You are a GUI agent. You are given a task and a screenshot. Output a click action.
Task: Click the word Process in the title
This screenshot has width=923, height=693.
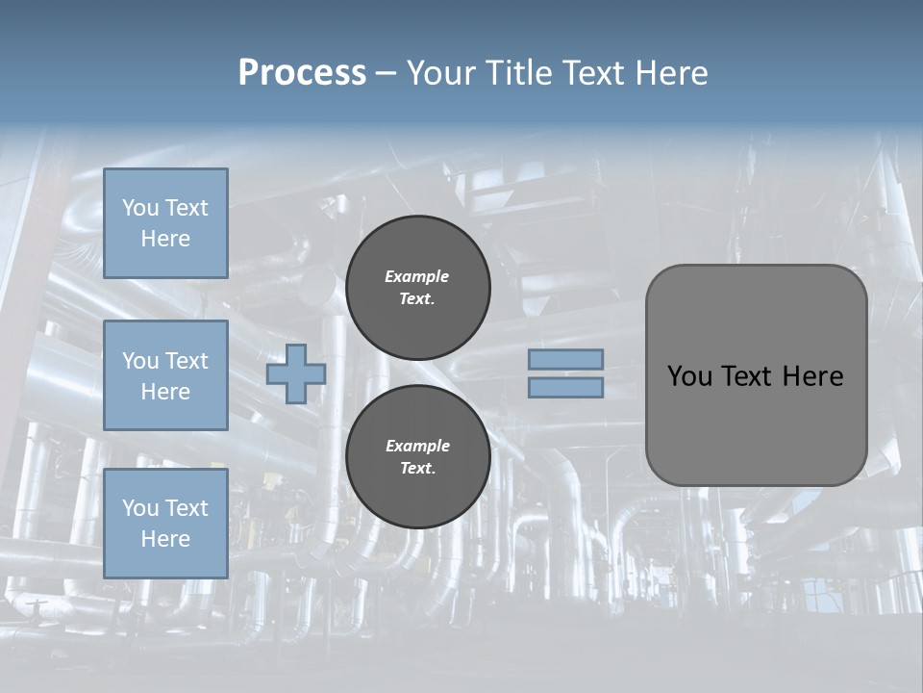[x=302, y=73]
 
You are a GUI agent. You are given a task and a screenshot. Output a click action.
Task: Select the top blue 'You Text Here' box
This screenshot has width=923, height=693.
[x=165, y=223]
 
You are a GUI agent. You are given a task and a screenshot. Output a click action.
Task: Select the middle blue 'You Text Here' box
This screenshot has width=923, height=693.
[x=165, y=375]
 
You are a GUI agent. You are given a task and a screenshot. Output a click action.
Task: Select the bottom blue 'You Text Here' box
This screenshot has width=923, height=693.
[x=165, y=523]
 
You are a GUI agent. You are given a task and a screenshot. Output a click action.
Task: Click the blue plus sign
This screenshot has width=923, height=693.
[x=296, y=373]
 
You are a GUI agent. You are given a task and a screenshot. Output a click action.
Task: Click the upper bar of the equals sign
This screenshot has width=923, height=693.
[x=565, y=359]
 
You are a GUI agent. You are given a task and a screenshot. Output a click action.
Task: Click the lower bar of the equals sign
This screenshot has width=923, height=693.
[x=565, y=387]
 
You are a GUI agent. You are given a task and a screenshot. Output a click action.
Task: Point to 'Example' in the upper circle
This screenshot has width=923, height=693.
[x=417, y=276]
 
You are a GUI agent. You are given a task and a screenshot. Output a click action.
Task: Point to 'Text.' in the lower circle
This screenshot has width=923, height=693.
[x=417, y=468]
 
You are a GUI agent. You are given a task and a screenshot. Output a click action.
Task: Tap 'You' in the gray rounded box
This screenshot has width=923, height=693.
[x=689, y=376]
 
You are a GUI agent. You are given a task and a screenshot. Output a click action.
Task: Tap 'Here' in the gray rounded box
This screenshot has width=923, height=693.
[x=812, y=376]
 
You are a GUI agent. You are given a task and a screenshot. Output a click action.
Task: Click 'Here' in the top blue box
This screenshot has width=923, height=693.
[x=165, y=239]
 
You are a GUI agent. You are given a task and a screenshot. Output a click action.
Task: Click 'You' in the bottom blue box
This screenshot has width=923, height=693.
[x=140, y=507]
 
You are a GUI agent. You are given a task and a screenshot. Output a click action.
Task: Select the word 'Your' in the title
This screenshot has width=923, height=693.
[x=441, y=73]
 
